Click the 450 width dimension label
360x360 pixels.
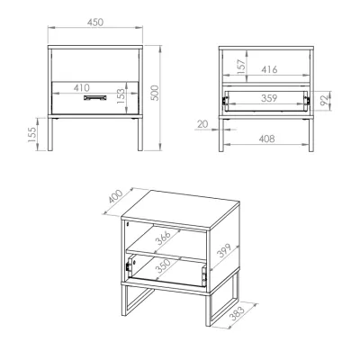(95, 22)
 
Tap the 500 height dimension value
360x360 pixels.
(154, 93)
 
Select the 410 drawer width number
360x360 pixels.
(81, 87)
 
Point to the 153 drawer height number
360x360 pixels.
(120, 96)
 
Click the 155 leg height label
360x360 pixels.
(32, 134)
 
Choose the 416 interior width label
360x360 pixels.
(269, 69)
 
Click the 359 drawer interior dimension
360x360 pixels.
(269, 98)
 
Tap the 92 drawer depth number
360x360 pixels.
(324, 101)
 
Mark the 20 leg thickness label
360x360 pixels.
(203, 124)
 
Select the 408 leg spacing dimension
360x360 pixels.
(266, 139)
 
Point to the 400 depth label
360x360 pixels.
(115, 196)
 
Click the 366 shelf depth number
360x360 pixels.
(164, 238)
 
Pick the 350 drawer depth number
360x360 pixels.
(164, 265)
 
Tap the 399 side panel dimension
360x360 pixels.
(224, 251)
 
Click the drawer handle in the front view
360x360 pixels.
(94, 97)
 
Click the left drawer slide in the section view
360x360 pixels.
(224, 100)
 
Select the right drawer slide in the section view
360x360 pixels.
(308, 100)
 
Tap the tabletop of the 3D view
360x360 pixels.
(181, 208)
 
